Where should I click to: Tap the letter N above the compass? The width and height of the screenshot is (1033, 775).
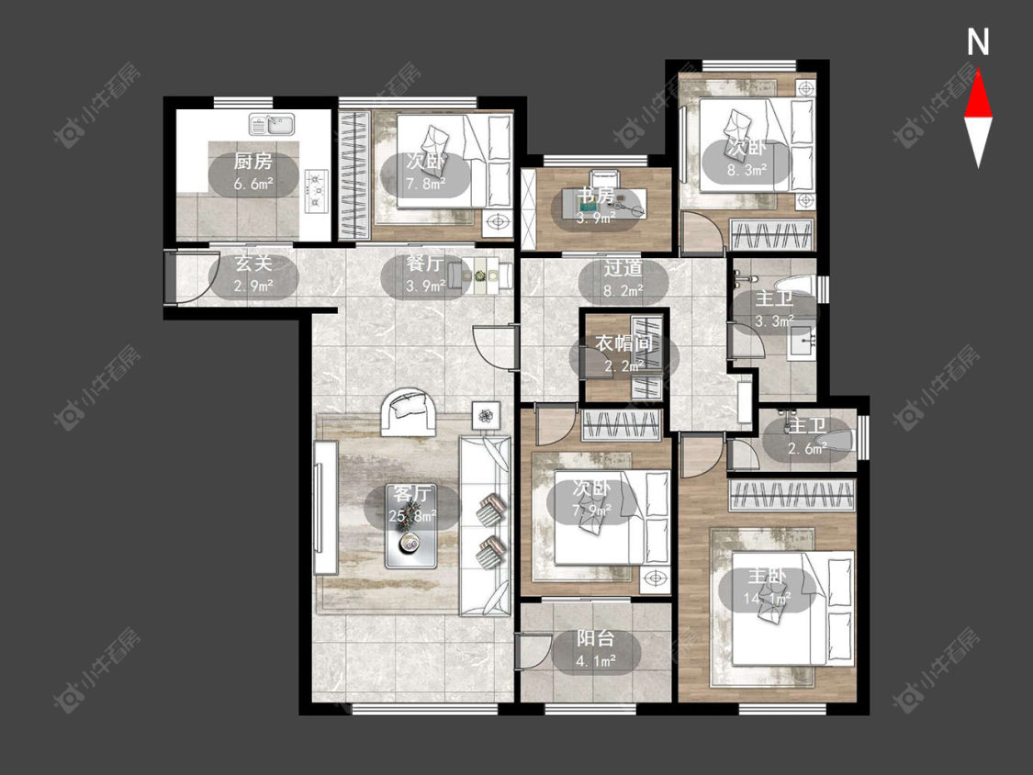coord(978,42)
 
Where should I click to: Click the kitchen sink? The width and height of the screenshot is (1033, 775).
coord(272,123)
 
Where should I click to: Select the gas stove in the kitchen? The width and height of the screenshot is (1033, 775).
coord(317,191)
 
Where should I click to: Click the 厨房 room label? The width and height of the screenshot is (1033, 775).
coord(253,162)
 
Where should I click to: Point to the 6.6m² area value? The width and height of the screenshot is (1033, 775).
coord(253,184)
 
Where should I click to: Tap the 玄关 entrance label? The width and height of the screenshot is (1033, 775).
coord(253,264)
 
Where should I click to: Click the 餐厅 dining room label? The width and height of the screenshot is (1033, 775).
coord(424,264)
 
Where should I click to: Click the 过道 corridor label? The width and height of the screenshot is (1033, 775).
coord(623,267)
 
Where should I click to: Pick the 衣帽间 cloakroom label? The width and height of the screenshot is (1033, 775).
coord(623,343)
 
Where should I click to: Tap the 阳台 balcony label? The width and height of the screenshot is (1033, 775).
coord(596,638)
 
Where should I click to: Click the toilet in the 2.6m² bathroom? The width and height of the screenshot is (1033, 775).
coord(837,441)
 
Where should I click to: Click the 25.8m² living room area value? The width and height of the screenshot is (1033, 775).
coord(412,516)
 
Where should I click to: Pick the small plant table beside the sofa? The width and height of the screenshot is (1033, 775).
coord(486,415)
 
